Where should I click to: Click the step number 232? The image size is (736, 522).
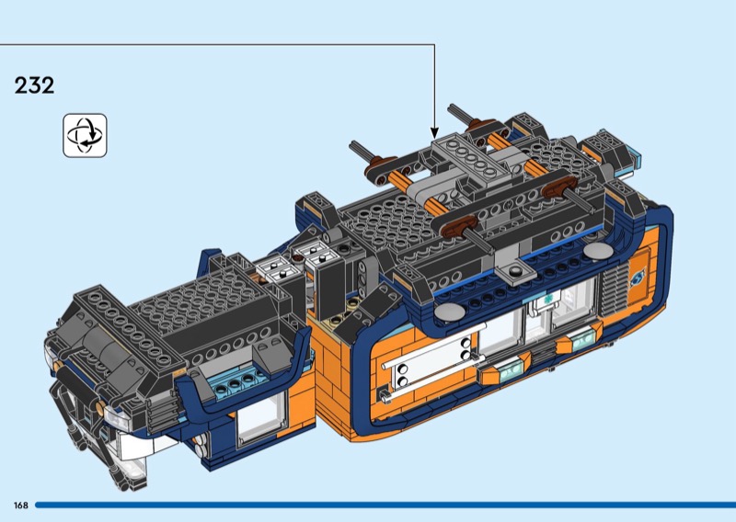tap(34, 85)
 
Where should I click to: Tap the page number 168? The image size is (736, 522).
tap(21, 505)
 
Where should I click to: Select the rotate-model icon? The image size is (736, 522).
tap(85, 135)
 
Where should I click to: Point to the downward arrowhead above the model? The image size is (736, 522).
tap(434, 132)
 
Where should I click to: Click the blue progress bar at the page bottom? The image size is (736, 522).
tap(385, 505)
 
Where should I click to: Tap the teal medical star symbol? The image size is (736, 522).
tap(546, 299)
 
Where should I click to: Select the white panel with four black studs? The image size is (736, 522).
tap(432, 362)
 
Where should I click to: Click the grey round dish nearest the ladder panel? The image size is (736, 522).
tap(449, 311)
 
